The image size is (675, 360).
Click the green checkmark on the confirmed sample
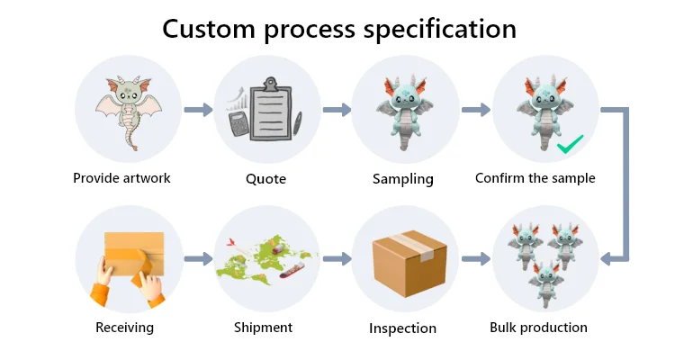click(570, 145)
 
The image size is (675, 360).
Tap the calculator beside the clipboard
click(238, 123)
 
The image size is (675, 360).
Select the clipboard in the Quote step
click(271, 109)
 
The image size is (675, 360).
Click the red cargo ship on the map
click(292, 270)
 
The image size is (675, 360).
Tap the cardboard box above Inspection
click(409, 263)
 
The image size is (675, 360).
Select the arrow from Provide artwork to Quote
click(199, 110)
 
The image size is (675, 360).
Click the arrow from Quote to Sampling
click(337, 110)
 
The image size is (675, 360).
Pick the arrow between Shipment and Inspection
click(337, 259)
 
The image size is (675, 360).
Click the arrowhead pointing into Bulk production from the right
click(606, 259)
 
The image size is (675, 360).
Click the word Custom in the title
click(209, 30)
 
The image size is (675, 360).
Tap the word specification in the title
click(439, 30)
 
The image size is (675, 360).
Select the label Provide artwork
click(121, 178)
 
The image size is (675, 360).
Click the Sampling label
click(403, 179)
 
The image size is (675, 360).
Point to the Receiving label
click(124, 328)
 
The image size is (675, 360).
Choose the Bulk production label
click(538, 328)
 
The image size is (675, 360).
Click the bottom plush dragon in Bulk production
click(546, 283)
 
